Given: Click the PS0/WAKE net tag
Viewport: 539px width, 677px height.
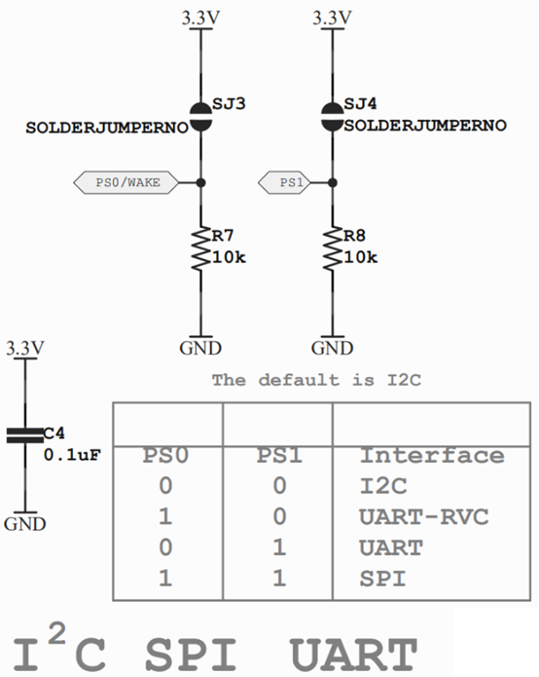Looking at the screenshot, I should click(124, 181).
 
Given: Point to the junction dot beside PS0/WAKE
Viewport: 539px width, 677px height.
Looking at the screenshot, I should click(200, 181).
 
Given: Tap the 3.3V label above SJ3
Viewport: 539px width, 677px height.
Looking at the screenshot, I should click(200, 19).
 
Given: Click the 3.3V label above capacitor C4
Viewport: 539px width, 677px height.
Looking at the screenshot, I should click(24, 348).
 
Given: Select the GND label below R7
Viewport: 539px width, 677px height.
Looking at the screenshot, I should click(200, 349).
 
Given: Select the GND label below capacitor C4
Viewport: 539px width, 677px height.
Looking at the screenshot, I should click(24, 523).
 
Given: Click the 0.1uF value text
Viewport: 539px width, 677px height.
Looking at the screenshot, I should click(72, 453).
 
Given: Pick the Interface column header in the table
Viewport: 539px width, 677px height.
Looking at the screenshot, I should click(432, 456).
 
